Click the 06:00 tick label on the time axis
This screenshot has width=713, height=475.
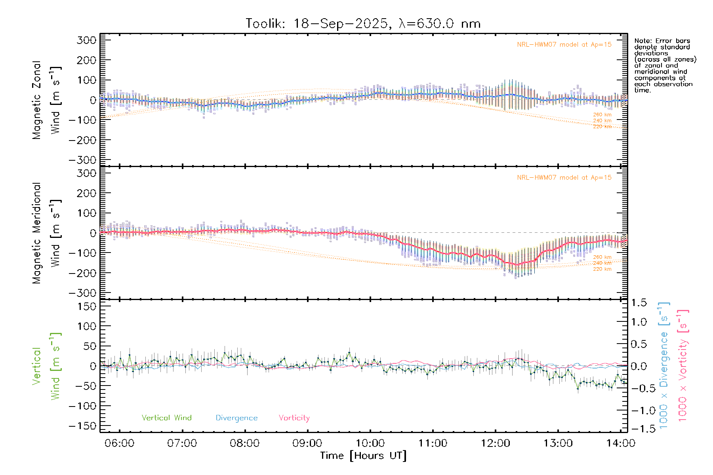click(x=119, y=443)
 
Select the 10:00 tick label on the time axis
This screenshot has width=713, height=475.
click(x=370, y=443)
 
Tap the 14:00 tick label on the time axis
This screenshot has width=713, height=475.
click(x=621, y=443)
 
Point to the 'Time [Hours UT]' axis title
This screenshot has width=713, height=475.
click(x=363, y=456)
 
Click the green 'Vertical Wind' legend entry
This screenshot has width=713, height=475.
click(x=166, y=418)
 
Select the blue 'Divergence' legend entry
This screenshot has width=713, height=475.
click(x=236, y=418)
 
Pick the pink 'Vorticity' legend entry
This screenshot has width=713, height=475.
click(x=294, y=418)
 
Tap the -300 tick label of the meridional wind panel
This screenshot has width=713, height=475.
click(x=82, y=293)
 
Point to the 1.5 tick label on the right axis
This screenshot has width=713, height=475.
click(x=639, y=303)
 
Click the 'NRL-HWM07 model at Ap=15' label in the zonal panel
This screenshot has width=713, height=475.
click(x=564, y=45)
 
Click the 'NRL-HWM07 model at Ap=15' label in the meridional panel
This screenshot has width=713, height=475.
click(x=564, y=178)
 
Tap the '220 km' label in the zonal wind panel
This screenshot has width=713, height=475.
click(x=602, y=127)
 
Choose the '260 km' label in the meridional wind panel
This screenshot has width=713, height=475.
click(x=602, y=257)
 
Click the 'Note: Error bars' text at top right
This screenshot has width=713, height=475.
click(x=662, y=41)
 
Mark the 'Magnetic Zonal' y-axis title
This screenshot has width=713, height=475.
click(x=37, y=100)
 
